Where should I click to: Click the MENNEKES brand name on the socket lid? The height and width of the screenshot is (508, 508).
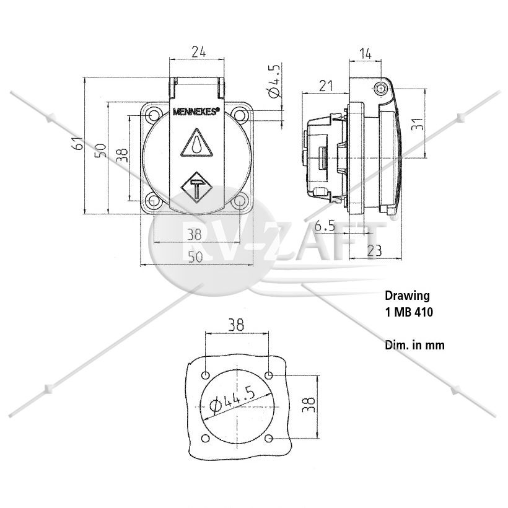[196, 112]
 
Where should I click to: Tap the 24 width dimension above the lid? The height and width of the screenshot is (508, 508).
[199, 52]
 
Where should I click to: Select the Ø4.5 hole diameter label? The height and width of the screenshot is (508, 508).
[273, 81]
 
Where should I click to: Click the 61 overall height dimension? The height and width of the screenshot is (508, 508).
[78, 143]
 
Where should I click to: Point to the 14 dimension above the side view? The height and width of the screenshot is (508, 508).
[365, 54]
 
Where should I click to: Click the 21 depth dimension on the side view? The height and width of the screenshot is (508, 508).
[326, 86]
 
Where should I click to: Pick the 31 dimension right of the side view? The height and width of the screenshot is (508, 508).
[418, 124]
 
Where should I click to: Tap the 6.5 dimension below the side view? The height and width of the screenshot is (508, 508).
[325, 226]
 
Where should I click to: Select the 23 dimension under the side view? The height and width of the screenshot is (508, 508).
[375, 250]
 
